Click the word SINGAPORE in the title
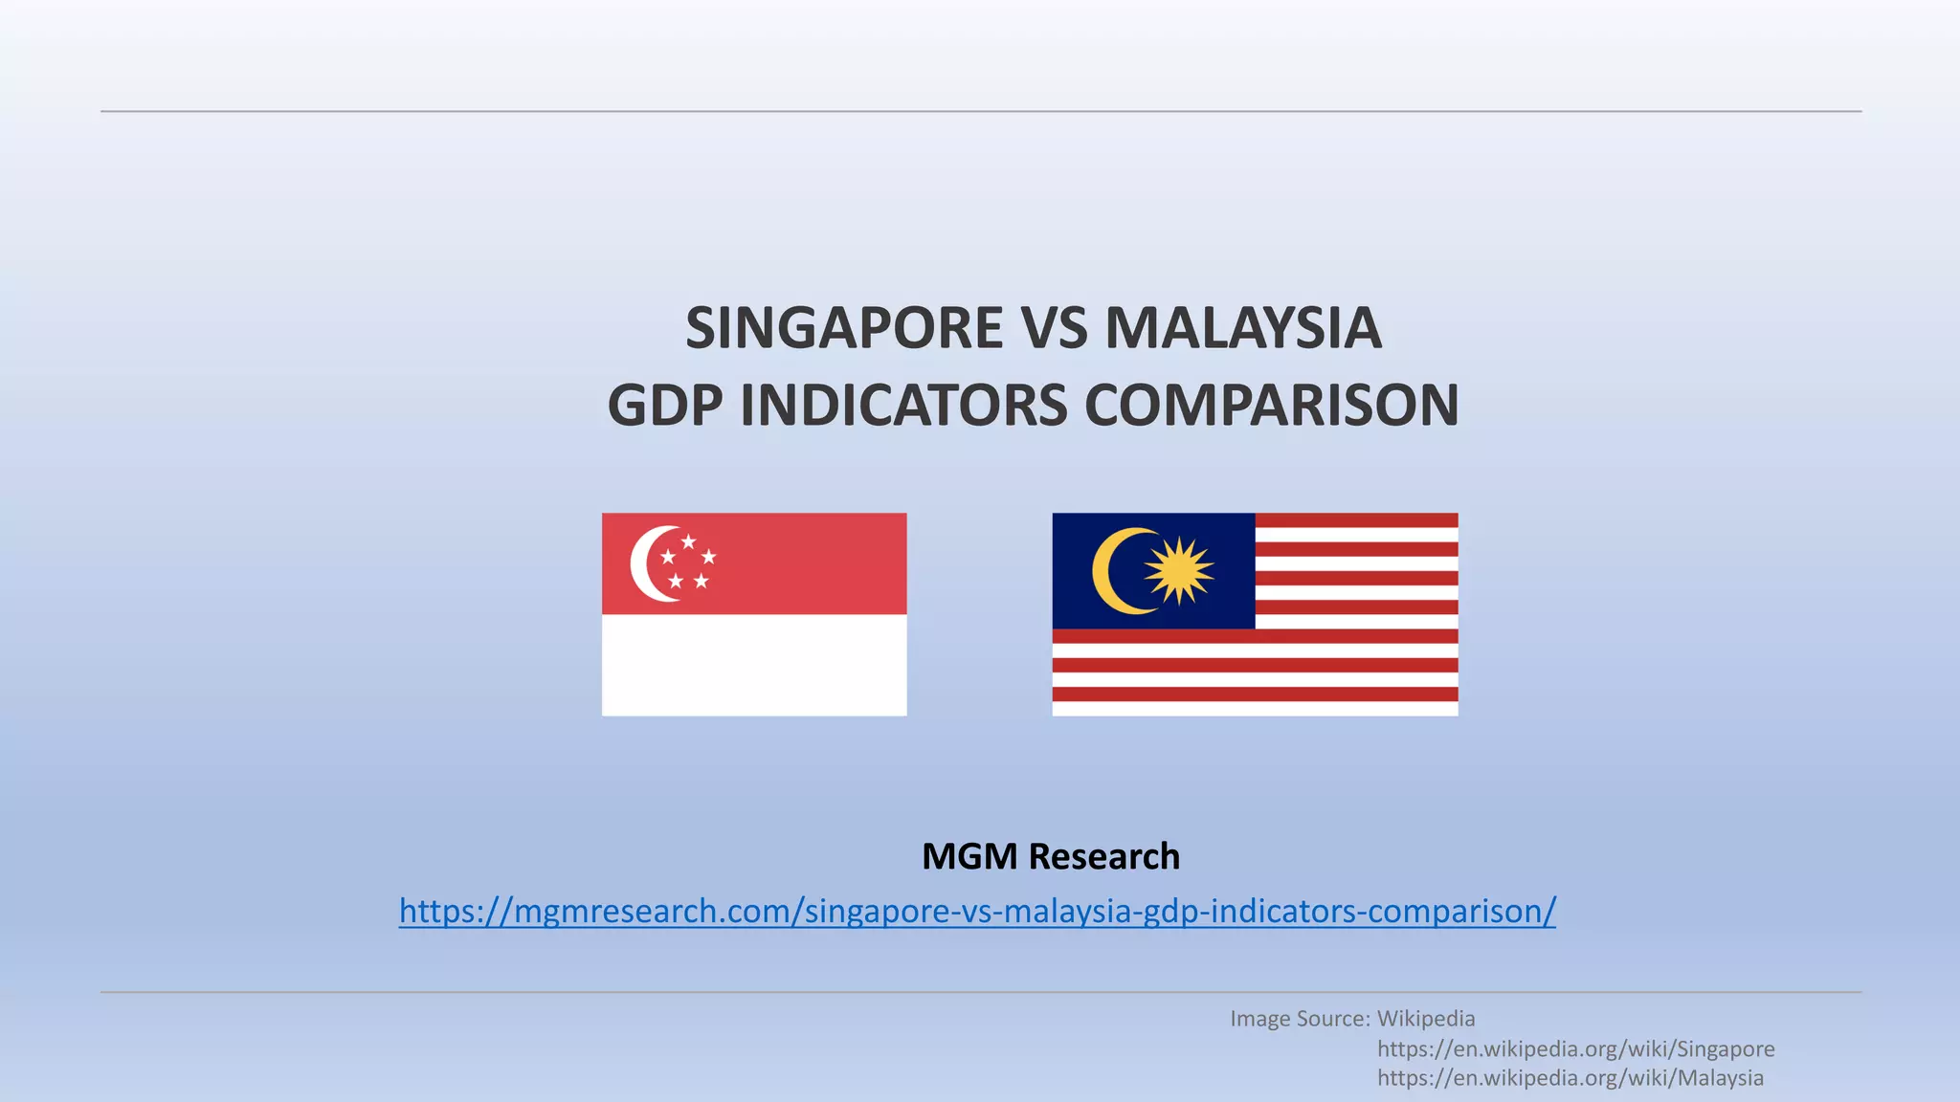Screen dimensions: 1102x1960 click(x=844, y=328)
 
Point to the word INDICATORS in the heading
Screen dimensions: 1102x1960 click(x=903, y=405)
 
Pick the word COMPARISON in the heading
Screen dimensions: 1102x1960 click(x=1272, y=405)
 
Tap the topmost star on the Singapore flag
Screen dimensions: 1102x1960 click(x=688, y=541)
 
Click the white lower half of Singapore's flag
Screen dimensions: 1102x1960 click(x=754, y=665)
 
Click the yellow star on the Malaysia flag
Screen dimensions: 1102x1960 click(x=1179, y=571)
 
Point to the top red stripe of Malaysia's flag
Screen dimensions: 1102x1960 click(x=1356, y=520)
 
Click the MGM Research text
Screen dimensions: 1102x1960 click(x=1050, y=856)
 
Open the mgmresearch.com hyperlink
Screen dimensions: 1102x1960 click(x=977, y=911)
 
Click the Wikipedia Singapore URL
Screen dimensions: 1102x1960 click(x=1575, y=1048)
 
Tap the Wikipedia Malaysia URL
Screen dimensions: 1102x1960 click(x=1570, y=1078)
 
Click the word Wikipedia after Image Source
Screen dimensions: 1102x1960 click(x=1426, y=1019)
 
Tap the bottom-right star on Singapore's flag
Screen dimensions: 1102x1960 click(x=702, y=581)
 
